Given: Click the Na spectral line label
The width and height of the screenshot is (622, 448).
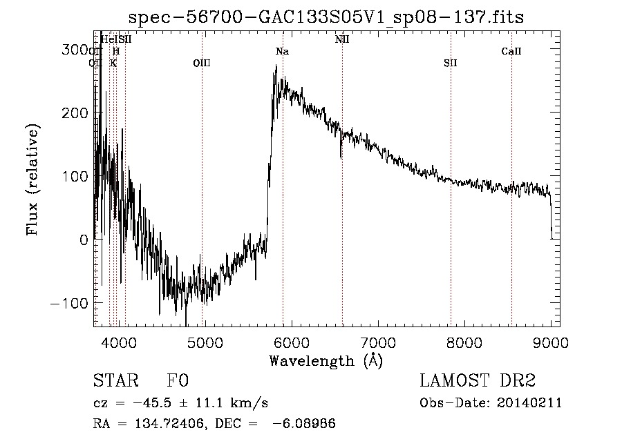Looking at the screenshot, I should [x=282, y=52].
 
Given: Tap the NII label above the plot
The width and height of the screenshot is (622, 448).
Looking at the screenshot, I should [x=342, y=39].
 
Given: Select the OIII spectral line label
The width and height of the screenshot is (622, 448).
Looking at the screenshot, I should [x=201, y=64].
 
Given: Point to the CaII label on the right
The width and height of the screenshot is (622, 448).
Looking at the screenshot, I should [x=511, y=52].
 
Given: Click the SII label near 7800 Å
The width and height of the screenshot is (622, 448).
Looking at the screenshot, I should [x=451, y=64].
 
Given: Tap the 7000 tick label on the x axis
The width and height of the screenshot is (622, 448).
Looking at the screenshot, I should [x=377, y=341].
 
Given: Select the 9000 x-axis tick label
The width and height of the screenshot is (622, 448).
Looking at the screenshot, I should [x=551, y=341].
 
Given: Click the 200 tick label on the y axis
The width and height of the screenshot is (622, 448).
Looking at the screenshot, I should [x=75, y=113].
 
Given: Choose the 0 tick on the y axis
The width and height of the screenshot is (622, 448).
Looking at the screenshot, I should [x=84, y=240].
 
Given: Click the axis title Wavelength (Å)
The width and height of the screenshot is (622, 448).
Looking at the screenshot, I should [x=326, y=360].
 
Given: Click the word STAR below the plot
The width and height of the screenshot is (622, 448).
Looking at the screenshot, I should [x=113, y=382].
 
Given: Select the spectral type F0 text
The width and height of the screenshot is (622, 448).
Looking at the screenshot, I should [x=178, y=382].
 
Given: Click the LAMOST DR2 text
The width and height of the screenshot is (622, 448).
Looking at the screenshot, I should [x=477, y=382].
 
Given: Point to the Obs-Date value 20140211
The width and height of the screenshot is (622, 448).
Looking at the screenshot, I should [x=534, y=403].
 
